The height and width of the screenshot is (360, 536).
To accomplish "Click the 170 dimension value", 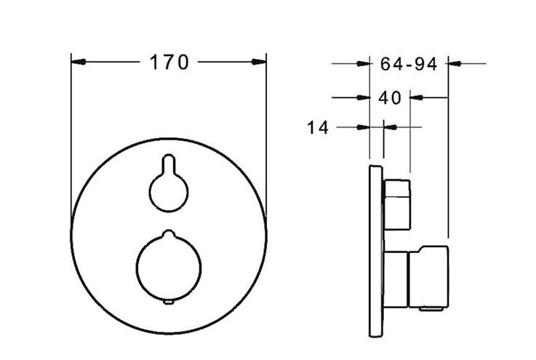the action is pyautogui.click(x=169, y=63).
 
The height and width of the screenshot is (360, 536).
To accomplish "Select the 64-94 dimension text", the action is pyautogui.click(x=409, y=64).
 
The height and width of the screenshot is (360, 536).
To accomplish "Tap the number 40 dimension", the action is pyautogui.click(x=389, y=97).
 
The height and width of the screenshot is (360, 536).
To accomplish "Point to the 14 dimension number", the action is pyautogui.click(x=318, y=127).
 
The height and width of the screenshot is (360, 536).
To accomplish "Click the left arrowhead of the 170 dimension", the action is pyautogui.click(x=79, y=62).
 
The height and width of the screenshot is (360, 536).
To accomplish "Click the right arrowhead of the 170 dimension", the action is pyautogui.click(x=258, y=62).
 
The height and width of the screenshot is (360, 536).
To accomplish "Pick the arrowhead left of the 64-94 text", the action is pyautogui.click(x=363, y=63).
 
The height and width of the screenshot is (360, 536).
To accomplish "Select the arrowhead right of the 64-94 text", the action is pyautogui.click(x=455, y=63).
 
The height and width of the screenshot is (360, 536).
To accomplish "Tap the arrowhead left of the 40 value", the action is pyautogui.click(x=363, y=97).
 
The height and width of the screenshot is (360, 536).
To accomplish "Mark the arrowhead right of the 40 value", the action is pyautogui.click(x=417, y=97).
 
